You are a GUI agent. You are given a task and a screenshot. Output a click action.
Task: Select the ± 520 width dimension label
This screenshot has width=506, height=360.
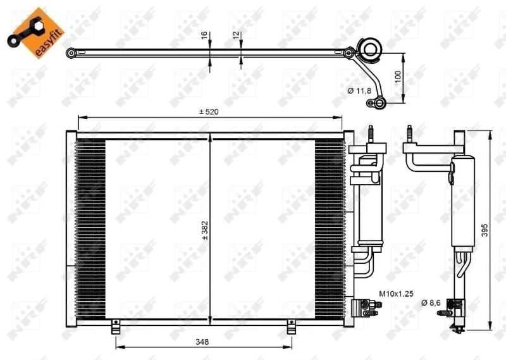coord(209,112)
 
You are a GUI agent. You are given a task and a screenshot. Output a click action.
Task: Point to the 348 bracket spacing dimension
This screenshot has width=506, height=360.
coord(202,342)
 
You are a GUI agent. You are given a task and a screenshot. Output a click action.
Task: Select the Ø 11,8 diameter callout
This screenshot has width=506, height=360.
coord(359,91)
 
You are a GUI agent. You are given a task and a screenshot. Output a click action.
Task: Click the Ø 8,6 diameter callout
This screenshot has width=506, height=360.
coord(431,303)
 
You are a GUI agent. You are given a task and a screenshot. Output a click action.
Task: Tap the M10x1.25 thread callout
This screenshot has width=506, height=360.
coord(396,294)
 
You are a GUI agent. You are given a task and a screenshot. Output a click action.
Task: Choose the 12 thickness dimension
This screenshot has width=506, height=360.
coord(237,37)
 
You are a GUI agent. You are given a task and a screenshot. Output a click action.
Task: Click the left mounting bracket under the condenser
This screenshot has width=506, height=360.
coord(116,327)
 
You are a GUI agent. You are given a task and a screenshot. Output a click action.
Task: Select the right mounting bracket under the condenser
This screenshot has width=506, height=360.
coord(292,327)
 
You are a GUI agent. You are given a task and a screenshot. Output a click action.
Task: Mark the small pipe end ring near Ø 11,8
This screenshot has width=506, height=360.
coord(379,102)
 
